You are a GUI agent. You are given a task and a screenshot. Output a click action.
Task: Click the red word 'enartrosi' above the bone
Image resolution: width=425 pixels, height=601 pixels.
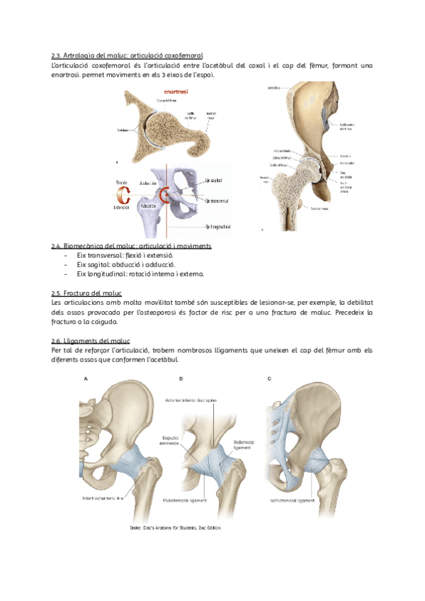click(x=176, y=91)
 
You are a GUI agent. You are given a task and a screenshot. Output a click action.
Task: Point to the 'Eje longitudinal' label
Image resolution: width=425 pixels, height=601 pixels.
click(x=220, y=227)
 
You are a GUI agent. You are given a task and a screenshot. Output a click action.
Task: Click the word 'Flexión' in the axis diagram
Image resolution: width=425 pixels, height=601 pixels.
click(x=122, y=183)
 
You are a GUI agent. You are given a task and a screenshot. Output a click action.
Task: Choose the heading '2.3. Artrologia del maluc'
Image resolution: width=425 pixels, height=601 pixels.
click(x=127, y=55)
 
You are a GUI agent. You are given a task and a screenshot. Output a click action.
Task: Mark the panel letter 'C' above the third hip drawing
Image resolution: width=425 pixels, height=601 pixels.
click(x=269, y=379)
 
